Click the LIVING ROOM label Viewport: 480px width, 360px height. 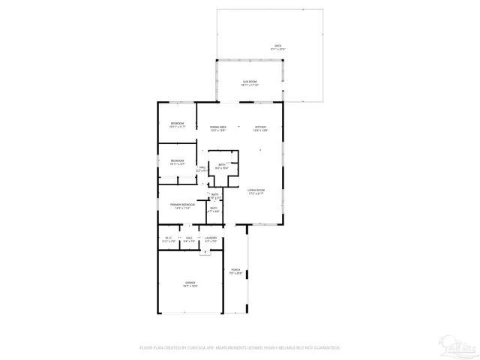pyautogui.click(x=256, y=190)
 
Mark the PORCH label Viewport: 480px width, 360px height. pyautogui.click(x=235, y=269)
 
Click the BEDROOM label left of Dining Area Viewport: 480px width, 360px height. pyautogui.click(x=177, y=123)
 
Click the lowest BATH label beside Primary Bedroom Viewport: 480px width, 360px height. pyautogui.click(x=214, y=208)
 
